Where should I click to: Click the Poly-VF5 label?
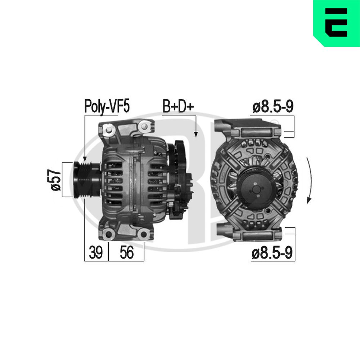pyautogui.click(x=107, y=106)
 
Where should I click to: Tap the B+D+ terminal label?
pyautogui.click(x=179, y=106)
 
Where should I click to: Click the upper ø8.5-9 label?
pyautogui.click(x=273, y=107)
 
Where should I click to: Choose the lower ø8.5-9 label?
pyautogui.click(x=272, y=253)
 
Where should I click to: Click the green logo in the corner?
pyautogui.click(x=337, y=23)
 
